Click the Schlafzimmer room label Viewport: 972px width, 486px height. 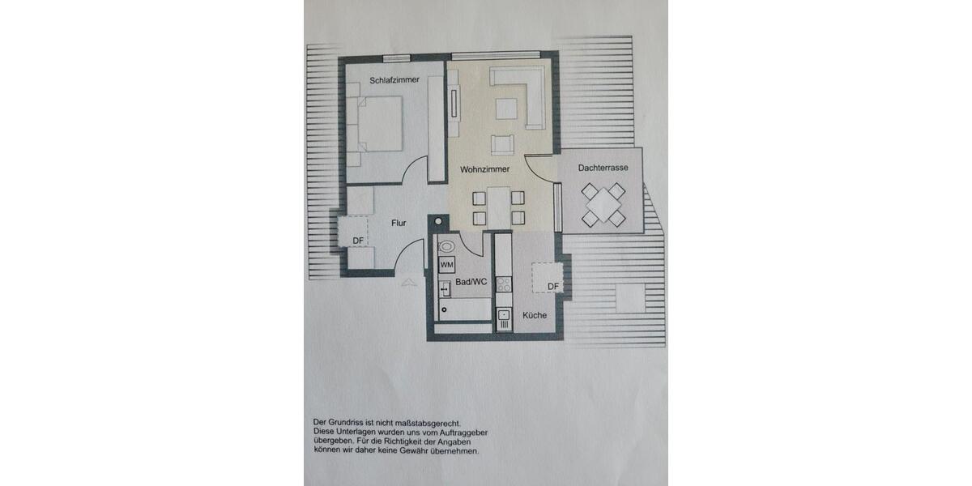[394, 80]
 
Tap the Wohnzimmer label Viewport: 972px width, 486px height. [484, 170]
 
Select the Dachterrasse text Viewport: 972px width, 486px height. [603, 168]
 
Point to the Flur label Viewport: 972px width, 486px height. [399, 223]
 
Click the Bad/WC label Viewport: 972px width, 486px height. [471, 283]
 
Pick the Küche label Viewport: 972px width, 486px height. [535, 316]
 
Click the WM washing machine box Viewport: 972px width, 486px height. [446, 265]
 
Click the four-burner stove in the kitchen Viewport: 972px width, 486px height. [504, 283]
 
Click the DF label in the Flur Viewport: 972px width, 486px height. [358, 240]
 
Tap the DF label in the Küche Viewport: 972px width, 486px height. [553, 286]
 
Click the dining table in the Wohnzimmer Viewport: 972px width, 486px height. [498, 206]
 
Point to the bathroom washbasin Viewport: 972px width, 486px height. [444, 288]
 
